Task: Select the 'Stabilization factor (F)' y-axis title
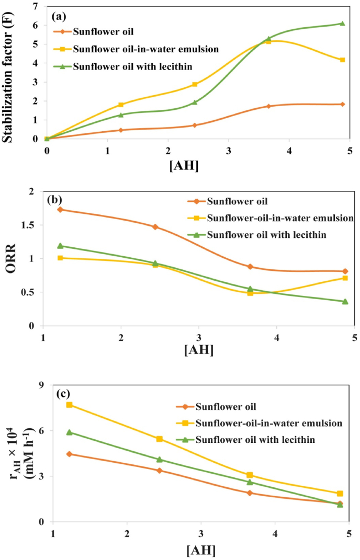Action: coord(9,72)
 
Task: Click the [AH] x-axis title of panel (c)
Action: coord(201,550)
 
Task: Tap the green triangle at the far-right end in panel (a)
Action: coord(342,23)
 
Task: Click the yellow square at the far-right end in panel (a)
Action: coord(342,60)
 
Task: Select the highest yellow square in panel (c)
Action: coord(69,405)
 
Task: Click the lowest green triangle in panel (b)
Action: coord(345,301)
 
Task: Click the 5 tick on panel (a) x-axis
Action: coord(350,150)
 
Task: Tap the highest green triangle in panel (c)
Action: coord(69,432)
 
